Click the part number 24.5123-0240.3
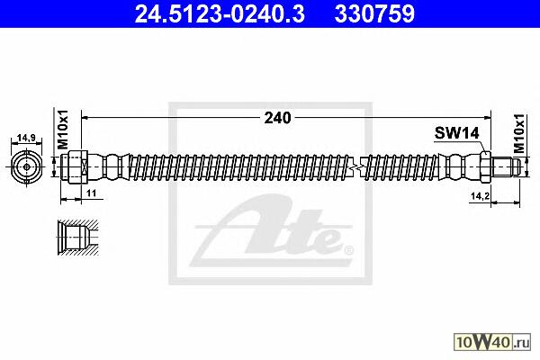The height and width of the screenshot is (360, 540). (220, 14)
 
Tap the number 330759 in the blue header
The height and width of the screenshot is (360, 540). (374, 14)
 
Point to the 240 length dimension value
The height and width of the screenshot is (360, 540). (277, 118)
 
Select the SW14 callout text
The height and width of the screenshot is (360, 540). (456, 132)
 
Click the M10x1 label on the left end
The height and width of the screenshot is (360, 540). (63, 130)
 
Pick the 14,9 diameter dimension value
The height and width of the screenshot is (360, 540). (26, 138)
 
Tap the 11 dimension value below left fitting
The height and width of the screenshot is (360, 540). (91, 193)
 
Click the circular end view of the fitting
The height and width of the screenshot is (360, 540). (26, 167)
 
